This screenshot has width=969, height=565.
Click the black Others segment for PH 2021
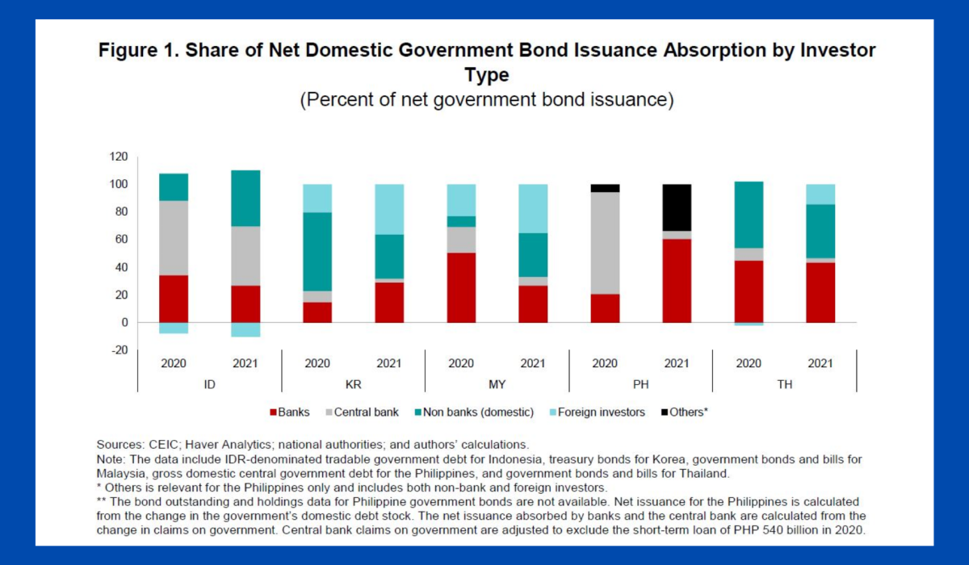(677, 207)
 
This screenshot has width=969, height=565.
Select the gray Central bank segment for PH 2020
(605, 243)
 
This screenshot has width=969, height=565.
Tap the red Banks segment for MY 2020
(461, 287)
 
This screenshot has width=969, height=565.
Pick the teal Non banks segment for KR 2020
(317, 252)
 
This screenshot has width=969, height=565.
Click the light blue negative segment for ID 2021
(245, 329)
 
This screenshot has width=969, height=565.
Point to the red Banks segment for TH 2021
(820, 292)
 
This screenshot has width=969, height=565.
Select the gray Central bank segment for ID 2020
(174, 238)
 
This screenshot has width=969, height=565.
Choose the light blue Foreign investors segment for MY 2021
(533, 208)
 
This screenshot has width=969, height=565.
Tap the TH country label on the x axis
(784, 385)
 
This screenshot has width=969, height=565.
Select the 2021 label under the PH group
(677, 363)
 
